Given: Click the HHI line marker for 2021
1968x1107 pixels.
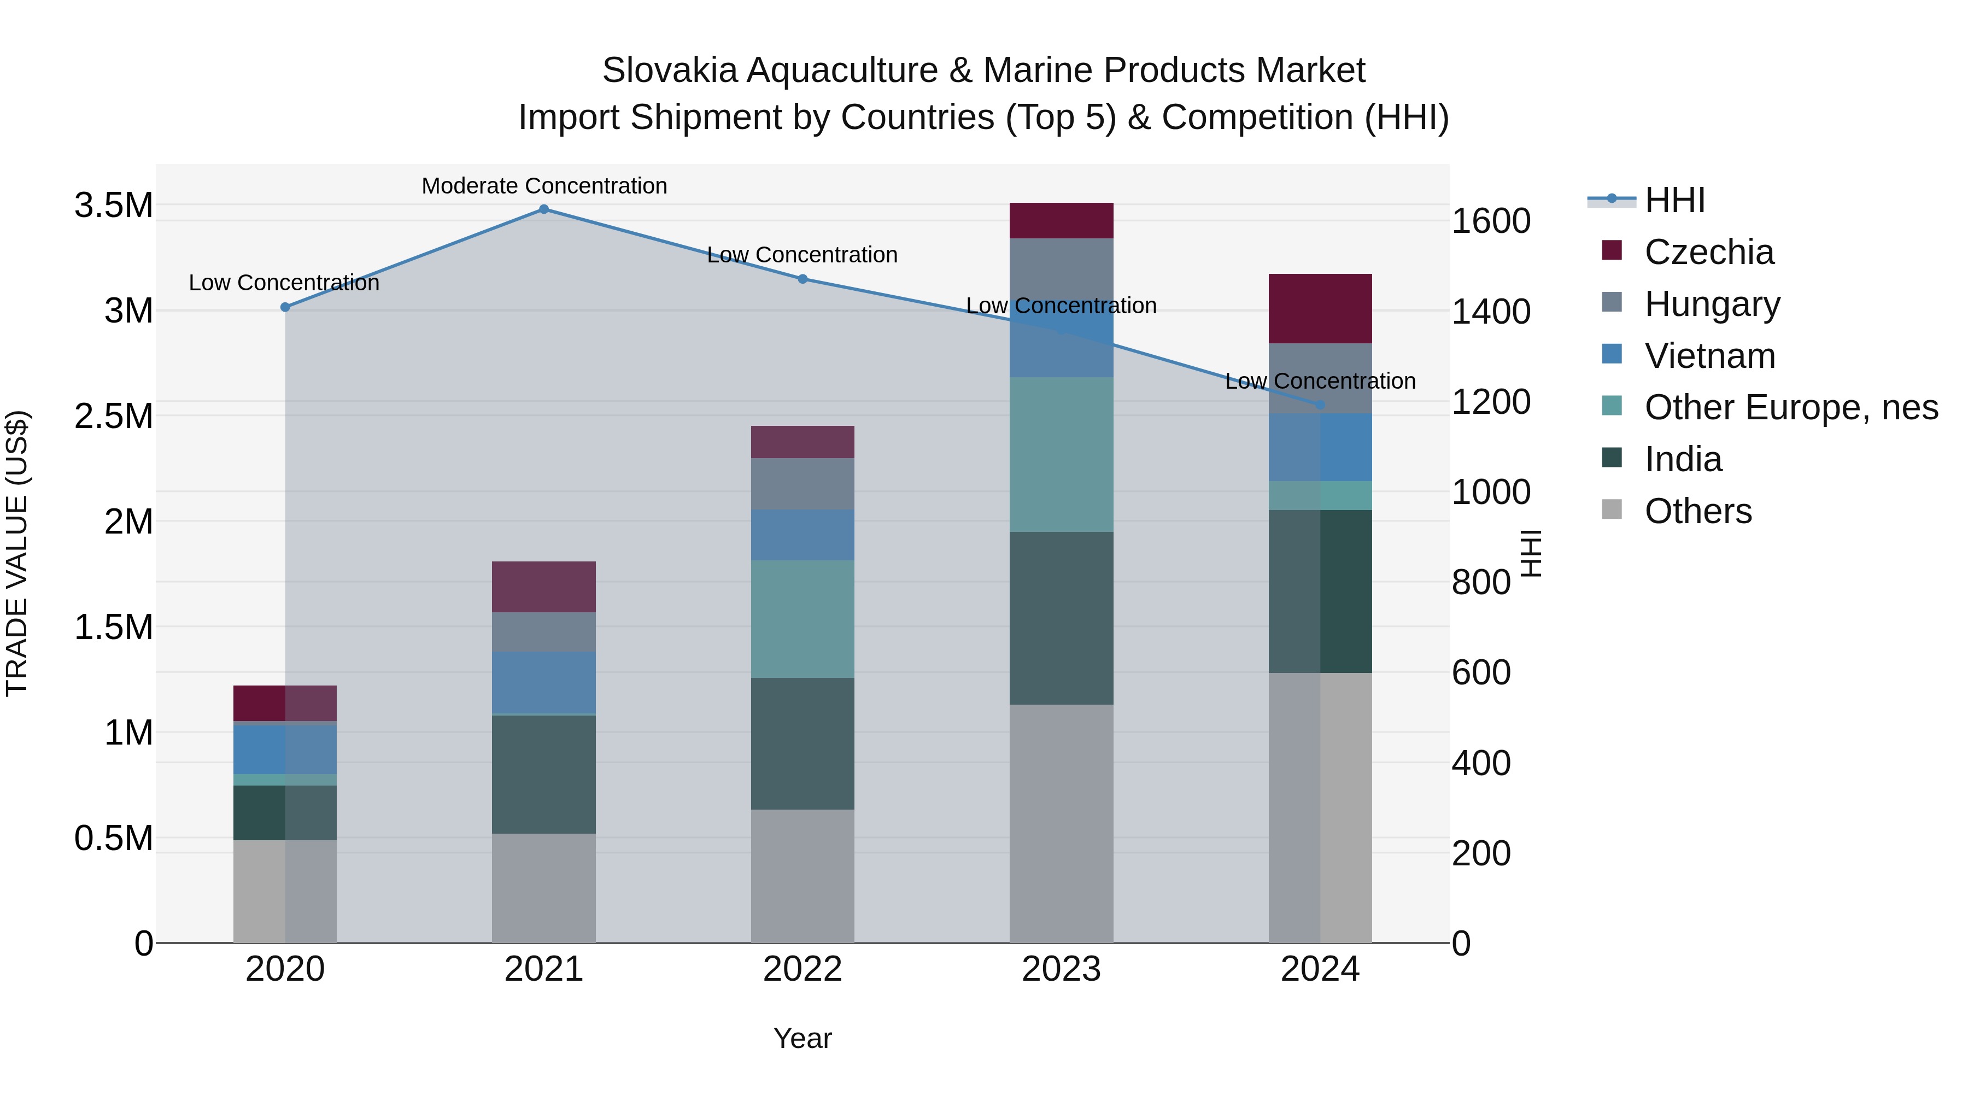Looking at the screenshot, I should tap(544, 209).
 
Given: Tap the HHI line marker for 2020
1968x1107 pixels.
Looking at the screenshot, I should tap(285, 307).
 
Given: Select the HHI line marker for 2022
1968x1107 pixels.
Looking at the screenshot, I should tap(803, 279).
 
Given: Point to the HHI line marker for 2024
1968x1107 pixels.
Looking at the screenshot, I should tap(1320, 404).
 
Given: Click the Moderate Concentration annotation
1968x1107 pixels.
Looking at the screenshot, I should tap(544, 186).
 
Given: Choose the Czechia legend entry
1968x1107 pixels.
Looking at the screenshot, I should tap(1708, 252).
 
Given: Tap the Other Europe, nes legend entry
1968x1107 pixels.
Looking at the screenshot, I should tap(1791, 407).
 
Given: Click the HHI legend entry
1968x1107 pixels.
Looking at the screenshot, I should tap(1674, 200).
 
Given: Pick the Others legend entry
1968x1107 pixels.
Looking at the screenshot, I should tap(1697, 511).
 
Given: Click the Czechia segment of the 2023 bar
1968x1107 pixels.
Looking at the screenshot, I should tap(1061, 221).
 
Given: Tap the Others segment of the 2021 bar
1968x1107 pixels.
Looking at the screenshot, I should tap(543, 888).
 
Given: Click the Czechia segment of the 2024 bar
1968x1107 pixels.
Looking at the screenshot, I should tap(1320, 309).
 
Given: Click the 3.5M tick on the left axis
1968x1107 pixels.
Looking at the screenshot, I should tap(113, 206).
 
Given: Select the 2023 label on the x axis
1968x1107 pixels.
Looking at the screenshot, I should tap(1061, 969).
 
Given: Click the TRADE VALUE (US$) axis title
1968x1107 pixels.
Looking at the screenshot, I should tap(17, 553).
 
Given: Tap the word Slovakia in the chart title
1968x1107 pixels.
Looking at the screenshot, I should tap(669, 71).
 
